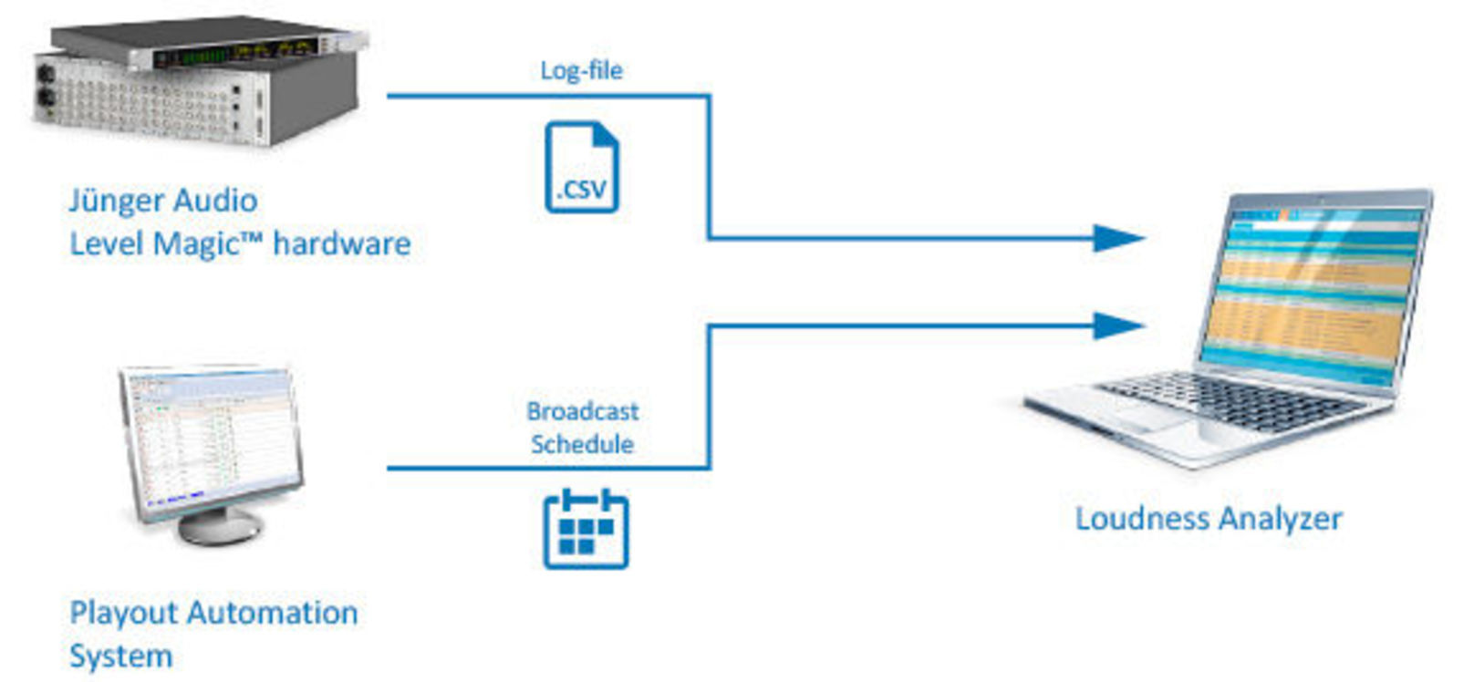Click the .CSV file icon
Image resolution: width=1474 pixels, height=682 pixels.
(x=581, y=168)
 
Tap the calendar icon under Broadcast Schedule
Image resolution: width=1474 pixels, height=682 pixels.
(x=586, y=530)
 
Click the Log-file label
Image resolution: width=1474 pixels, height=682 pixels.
(x=581, y=70)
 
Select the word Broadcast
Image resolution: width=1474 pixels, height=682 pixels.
(x=582, y=411)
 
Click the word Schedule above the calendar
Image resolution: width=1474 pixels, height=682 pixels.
(x=582, y=444)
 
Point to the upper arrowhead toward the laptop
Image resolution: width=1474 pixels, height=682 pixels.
(x=1118, y=238)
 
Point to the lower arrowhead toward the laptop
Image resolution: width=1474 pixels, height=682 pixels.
(x=1118, y=325)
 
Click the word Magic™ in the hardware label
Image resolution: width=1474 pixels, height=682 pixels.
(x=204, y=243)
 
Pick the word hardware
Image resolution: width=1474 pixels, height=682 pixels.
(x=341, y=243)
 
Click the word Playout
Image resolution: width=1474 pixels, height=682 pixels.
(x=125, y=613)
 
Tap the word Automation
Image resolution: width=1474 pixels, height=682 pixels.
(x=273, y=613)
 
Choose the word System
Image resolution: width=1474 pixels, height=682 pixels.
(x=120, y=656)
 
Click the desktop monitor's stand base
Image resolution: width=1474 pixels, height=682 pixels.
(x=220, y=526)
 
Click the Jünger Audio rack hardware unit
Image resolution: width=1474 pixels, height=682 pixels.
(x=196, y=82)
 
